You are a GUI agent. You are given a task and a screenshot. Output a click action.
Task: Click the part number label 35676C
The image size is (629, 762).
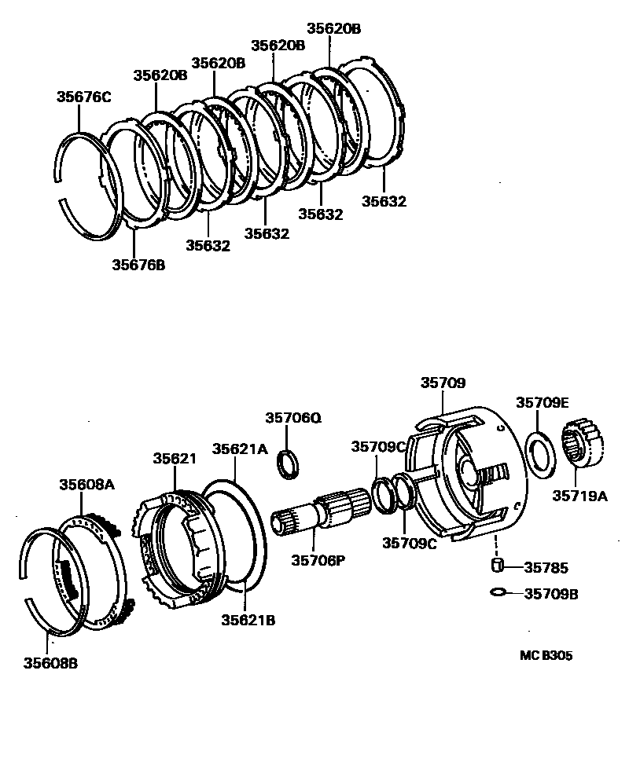[x=83, y=97]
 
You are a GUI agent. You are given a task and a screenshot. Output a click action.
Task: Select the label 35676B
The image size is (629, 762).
[x=138, y=264]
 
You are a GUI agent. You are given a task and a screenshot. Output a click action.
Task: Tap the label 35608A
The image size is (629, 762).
[x=86, y=485]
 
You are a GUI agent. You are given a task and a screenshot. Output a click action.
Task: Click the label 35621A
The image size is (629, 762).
[x=241, y=449]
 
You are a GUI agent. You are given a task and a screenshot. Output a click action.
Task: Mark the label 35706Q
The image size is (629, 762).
[x=293, y=418]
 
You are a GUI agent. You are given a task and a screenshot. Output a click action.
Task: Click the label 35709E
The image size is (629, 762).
[x=542, y=402]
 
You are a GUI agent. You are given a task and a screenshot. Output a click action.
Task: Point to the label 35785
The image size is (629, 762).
[x=546, y=567]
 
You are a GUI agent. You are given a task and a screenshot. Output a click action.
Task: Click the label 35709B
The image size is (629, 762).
[x=551, y=594]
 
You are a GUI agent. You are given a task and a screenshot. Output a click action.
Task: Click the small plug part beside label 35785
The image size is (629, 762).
[x=497, y=565]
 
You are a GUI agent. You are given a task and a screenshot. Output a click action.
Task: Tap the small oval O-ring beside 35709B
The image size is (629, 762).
[x=497, y=592]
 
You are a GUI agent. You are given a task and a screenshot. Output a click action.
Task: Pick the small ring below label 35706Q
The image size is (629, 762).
[x=289, y=463]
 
